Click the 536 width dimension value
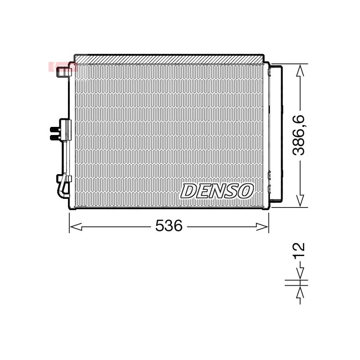click(x=169, y=225)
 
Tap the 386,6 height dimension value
click(x=299, y=135)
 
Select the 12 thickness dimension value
click(x=299, y=250)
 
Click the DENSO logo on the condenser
click(x=217, y=191)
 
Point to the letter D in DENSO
click(x=189, y=191)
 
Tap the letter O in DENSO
click(x=245, y=191)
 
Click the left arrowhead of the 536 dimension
click(x=76, y=227)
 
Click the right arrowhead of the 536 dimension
click(x=262, y=227)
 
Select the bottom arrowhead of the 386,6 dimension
click(x=300, y=201)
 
